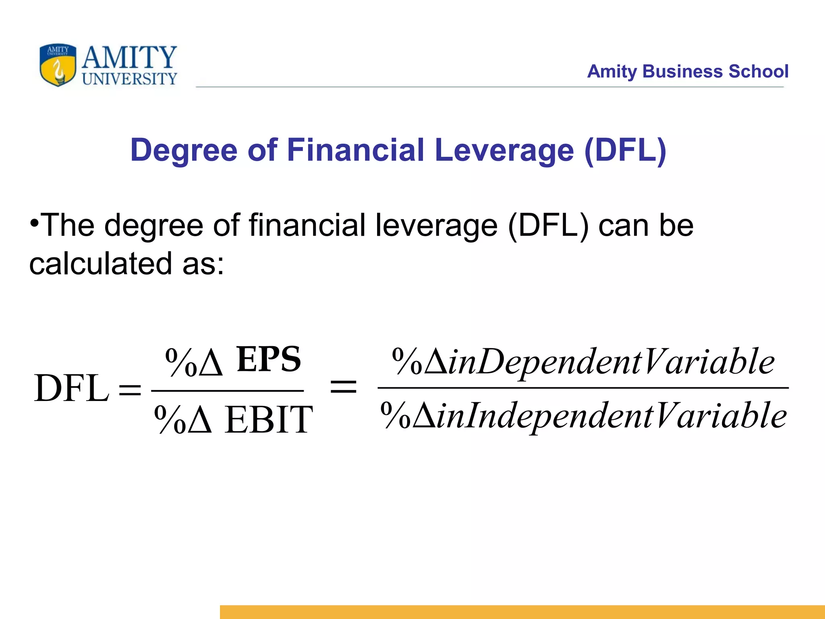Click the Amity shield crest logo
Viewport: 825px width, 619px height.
pyautogui.click(x=58, y=65)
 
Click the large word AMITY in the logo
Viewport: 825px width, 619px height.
pyautogui.click(x=129, y=57)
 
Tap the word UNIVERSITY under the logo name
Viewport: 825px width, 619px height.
pyautogui.click(x=129, y=79)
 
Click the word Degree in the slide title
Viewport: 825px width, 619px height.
pyautogui.click(x=184, y=150)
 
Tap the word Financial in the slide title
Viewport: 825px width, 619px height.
pyautogui.click(x=356, y=150)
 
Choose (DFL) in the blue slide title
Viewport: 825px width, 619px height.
pyautogui.click(x=625, y=150)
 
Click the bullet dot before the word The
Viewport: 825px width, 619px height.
pyautogui.click(x=34, y=223)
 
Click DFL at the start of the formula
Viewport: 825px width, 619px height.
pyautogui.click(x=72, y=388)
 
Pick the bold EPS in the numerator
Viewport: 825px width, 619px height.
pyautogui.click(x=269, y=359)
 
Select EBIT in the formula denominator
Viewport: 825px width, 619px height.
pyautogui.click(x=269, y=420)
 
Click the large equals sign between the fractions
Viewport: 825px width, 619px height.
pyautogui.click(x=343, y=388)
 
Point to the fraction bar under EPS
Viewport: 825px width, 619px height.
pyautogui.click(x=228, y=391)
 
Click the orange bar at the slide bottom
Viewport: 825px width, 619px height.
pyautogui.click(x=522, y=612)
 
